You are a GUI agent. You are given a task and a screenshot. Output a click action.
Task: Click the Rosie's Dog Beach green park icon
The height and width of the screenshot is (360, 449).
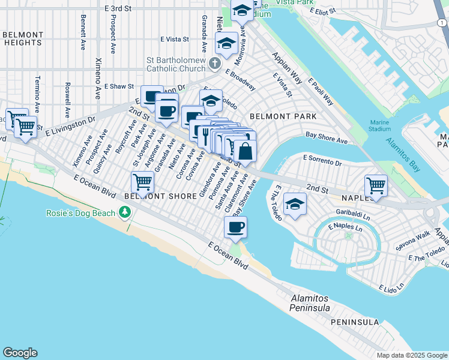click(x=125, y=212)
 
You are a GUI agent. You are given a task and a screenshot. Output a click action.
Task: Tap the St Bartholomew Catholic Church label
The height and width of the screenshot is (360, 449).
click(x=177, y=64)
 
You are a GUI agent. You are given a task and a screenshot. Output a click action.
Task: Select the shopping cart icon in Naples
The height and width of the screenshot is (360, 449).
click(x=376, y=185)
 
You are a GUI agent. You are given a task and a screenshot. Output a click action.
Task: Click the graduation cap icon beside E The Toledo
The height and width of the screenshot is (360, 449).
click(x=295, y=204)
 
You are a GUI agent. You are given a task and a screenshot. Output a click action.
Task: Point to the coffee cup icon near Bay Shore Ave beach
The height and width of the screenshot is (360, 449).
click(x=235, y=227)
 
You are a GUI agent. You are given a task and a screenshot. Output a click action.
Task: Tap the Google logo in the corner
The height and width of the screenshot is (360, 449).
click(x=20, y=353)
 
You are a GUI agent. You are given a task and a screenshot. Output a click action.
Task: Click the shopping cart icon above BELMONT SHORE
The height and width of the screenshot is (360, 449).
click(x=142, y=181)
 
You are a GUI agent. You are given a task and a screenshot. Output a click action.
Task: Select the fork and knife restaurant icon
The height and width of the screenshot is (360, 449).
click(x=205, y=131)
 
